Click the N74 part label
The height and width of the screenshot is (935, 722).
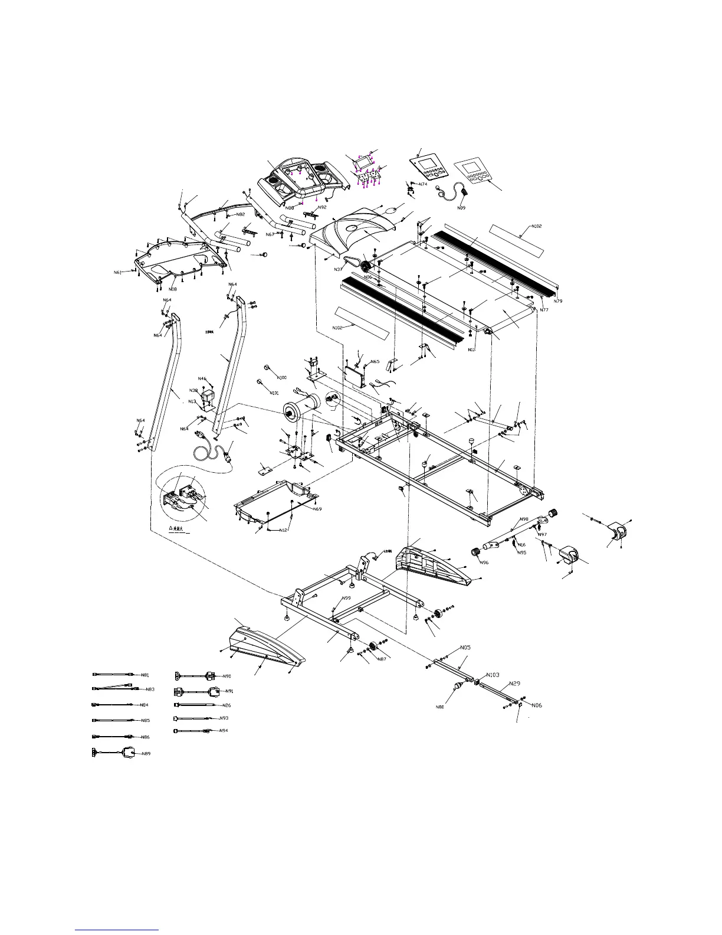423,184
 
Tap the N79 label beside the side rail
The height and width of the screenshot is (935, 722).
557,301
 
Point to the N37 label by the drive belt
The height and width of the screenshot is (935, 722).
339,269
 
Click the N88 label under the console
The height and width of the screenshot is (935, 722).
289,208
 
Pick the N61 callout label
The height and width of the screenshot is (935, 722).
117,272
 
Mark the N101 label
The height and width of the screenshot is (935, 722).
274,393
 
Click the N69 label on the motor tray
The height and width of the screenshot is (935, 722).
317,509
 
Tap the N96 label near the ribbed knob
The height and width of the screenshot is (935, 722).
484,563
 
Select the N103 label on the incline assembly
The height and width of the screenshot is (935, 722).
493,675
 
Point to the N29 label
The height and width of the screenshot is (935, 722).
514,683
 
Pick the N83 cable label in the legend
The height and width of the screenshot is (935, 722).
150,689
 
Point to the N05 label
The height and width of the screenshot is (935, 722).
465,648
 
